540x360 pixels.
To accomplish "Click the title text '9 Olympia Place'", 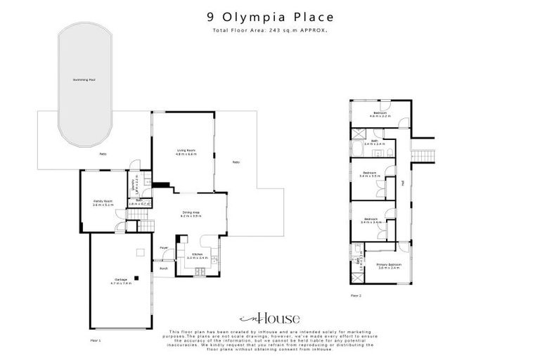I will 269,15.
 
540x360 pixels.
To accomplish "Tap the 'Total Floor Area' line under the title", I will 269,30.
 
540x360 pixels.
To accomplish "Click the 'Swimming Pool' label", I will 84,79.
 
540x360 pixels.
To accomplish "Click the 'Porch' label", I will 163,269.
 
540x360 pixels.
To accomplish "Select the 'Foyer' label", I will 163,248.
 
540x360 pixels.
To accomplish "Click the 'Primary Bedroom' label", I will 388,265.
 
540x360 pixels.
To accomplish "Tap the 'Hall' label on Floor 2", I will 402,184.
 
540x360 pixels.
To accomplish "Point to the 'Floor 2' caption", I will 356,296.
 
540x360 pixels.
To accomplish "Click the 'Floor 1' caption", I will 96,340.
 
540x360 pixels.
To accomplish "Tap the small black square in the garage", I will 138,278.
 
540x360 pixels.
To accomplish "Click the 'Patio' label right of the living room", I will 236,162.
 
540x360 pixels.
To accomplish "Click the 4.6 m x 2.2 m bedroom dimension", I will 380,116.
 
